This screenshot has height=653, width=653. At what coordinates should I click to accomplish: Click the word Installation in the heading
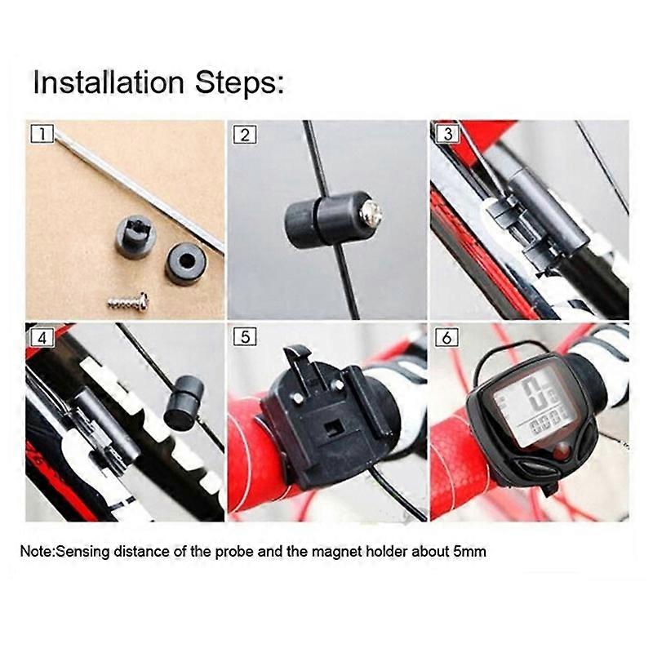[x=109, y=82]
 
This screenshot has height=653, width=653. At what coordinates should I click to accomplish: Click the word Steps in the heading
[x=240, y=83]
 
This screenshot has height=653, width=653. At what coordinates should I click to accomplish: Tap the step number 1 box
[x=42, y=134]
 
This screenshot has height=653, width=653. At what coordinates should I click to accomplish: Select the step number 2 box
[x=245, y=135]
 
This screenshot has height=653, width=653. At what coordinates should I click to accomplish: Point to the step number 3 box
[x=447, y=134]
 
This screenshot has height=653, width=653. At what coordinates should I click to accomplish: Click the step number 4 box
[x=42, y=337]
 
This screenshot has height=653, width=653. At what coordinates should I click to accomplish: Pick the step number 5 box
[x=245, y=336]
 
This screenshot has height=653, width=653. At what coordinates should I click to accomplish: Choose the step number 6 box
[x=446, y=336]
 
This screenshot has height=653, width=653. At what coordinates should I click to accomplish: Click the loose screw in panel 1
[x=128, y=301]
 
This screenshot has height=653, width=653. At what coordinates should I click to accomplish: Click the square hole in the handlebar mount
[x=333, y=427]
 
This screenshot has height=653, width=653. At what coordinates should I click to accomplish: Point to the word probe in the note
[x=234, y=553]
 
